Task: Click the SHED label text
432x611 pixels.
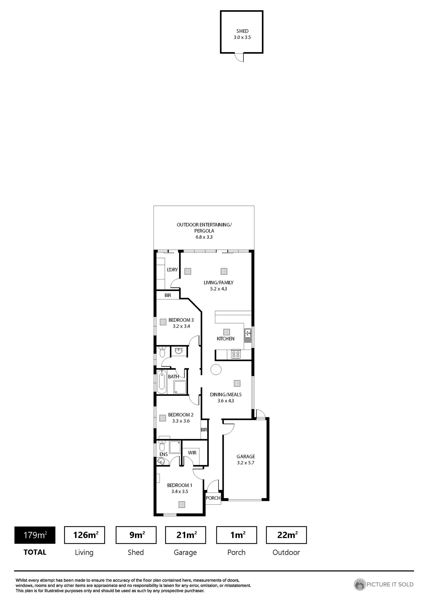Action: [242, 31]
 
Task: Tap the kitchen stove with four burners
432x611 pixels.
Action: [236, 354]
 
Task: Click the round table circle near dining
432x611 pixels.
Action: [216, 369]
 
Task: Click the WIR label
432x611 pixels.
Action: [192, 453]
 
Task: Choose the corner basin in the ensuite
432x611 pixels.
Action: [161, 461]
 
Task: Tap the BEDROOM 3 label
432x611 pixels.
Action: [181, 320]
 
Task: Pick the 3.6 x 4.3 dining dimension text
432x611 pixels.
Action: [225, 401]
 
